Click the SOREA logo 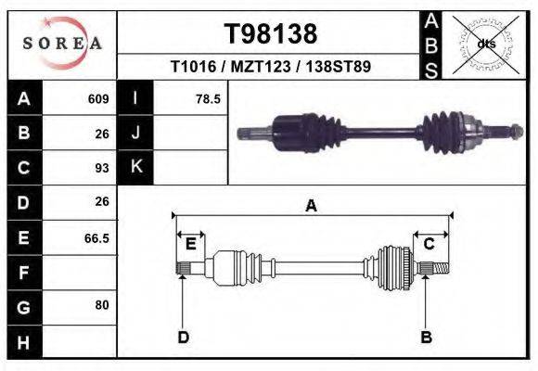pyautogui.click(x=61, y=44)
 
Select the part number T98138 pyautogui.click(x=271, y=34)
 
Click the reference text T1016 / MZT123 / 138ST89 pyautogui.click(x=271, y=68)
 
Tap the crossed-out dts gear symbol pyautogui.click(x=486, y=43)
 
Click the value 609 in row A pyautogui.click(x=98, y=98)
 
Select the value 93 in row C pyautogui.click(x=102, y=168)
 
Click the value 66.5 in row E pyautogui.click(x=96, y=238)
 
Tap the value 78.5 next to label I pyautogui.click(x=208, y=98)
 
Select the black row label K pyautogui.click(x=136, y=168)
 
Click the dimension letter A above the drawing pyautogui.click(x=311, y=206)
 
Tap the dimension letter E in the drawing pyautogui.click(x=190, y=244)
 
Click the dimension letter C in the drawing pyautogui.click(x=429, y=244)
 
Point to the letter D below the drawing pyautogui.click(x=183, y=337)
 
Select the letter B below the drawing pyautogui.click(x=426, y=337)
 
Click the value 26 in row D pyautogui.click(x=102, y=201)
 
